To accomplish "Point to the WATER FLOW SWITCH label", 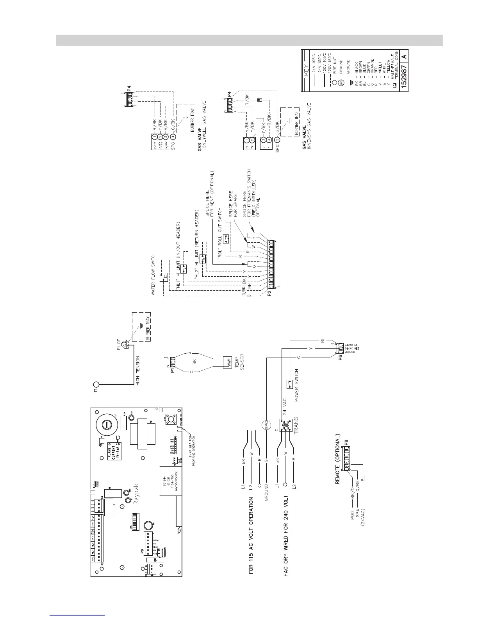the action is (x=154, y=273).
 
